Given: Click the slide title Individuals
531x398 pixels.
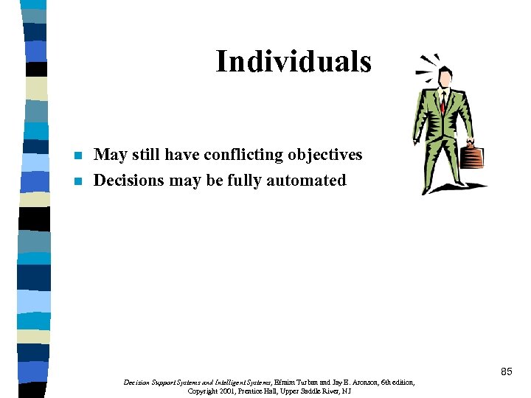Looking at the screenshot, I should (x=293, y=62).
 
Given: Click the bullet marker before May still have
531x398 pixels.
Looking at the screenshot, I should (x=78, y=156).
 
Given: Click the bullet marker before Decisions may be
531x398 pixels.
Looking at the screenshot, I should (x=78, y=181).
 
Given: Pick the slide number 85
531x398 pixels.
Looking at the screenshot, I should (x=506, y=372).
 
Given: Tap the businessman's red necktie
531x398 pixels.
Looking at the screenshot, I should (x=443, y=102).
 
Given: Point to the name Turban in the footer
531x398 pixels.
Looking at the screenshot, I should (x=308, y=383).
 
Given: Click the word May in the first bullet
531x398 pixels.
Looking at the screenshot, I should (x=111, y=155).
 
